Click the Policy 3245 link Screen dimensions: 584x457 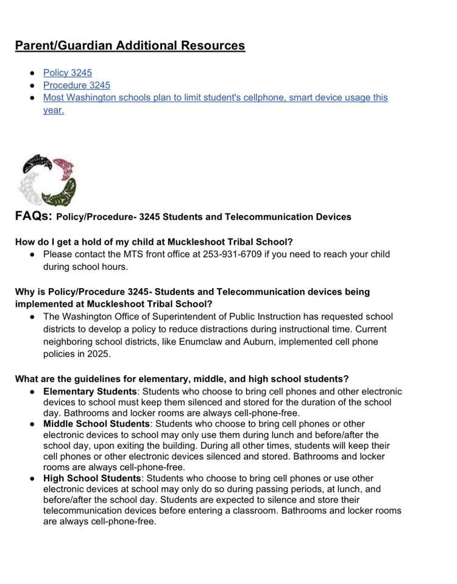point(67,73)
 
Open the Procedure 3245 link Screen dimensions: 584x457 point(76,85)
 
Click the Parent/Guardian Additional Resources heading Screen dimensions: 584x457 point(130,46)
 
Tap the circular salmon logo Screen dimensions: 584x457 point(46,180)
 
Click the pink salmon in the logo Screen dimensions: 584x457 point(64,167)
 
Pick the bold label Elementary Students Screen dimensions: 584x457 point(90,392)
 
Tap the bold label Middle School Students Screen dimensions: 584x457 point(96,424)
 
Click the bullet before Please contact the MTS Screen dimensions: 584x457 point(32,254)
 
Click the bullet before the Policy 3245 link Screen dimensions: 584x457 point(32,73)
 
